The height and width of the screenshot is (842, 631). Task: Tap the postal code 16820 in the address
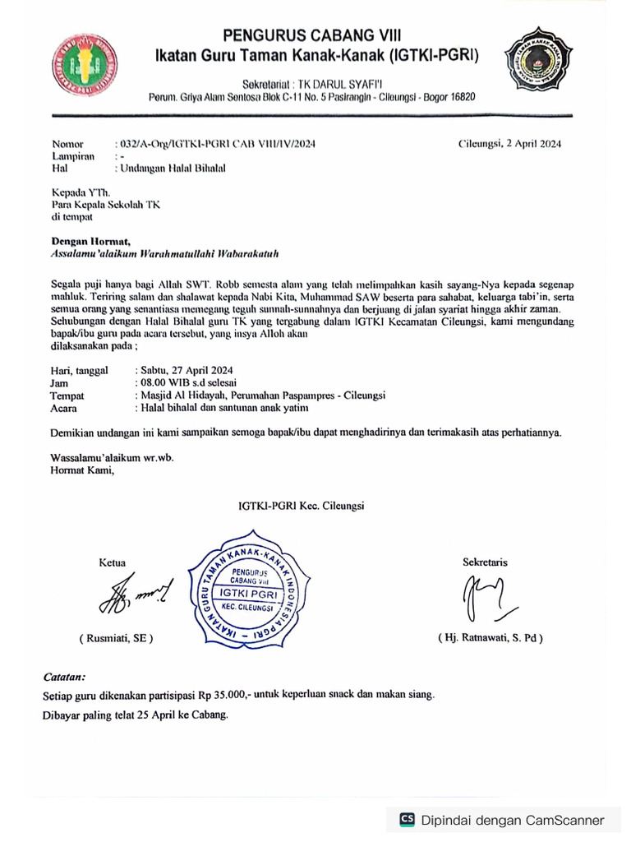pyautogui.click(x=460, y=97)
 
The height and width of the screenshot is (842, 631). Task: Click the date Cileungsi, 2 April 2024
pyautogui.click(x=509, y=143)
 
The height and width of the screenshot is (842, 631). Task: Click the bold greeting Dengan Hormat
pyautogui.click(x=91, y=241)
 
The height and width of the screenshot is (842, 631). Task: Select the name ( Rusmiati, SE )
pyautogui.click(x=116, y=638)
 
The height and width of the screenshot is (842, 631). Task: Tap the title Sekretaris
pyautogui.click(x=485, y=562)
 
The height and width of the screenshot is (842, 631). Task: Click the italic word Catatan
pyautogui.click(x=64, y=678)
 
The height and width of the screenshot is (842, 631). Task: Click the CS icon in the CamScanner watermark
pyautogui.click(x=407, y=820)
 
